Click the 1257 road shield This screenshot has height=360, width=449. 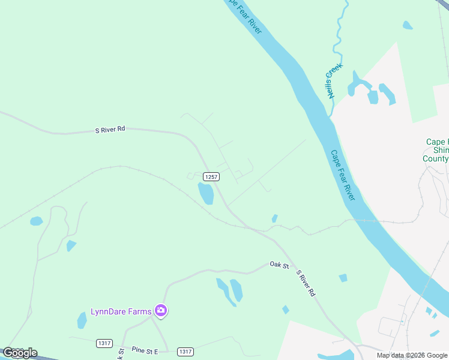pyautogui.click(x=211, y=176)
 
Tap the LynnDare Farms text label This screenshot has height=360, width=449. pyautogui.click(x=121, y=311)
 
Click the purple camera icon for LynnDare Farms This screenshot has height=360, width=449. pyautogui.click(x=160, y=310)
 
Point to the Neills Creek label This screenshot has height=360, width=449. pyautogui.click(x=333, y=80)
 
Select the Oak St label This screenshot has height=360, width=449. pyautogui.click(x=279, y=264)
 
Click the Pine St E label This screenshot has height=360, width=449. pyautogui.click(x=144, y=350)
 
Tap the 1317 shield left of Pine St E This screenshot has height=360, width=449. pyautogui.click(x=104, y=343)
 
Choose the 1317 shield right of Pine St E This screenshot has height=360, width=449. pyautogui.click(x=185, y=351)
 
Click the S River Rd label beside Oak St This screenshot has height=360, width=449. pyautogui.click(x=306, y=283)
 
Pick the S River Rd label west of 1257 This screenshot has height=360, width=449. pyautogui.click(x=110, y=129)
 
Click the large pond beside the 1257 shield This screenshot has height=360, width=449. pyautogui.click(x=206, y=193)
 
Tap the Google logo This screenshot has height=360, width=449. pyautogui.click(x=20, y=353)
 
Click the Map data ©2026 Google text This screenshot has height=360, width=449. pyautogui.click(x=412, y=355)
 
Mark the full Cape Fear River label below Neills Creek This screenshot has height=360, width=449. pyautogui.click(x=343, y=175)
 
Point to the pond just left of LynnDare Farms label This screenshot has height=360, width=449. pyautogui.click(x=82, y=320)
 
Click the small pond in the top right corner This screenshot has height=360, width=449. pyautogui.click(x=408, y=25)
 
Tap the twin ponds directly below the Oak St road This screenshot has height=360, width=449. pyautogui.click(x=230, y=290)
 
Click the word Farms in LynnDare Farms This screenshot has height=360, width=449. pyautogui.click(x=139, y=311)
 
